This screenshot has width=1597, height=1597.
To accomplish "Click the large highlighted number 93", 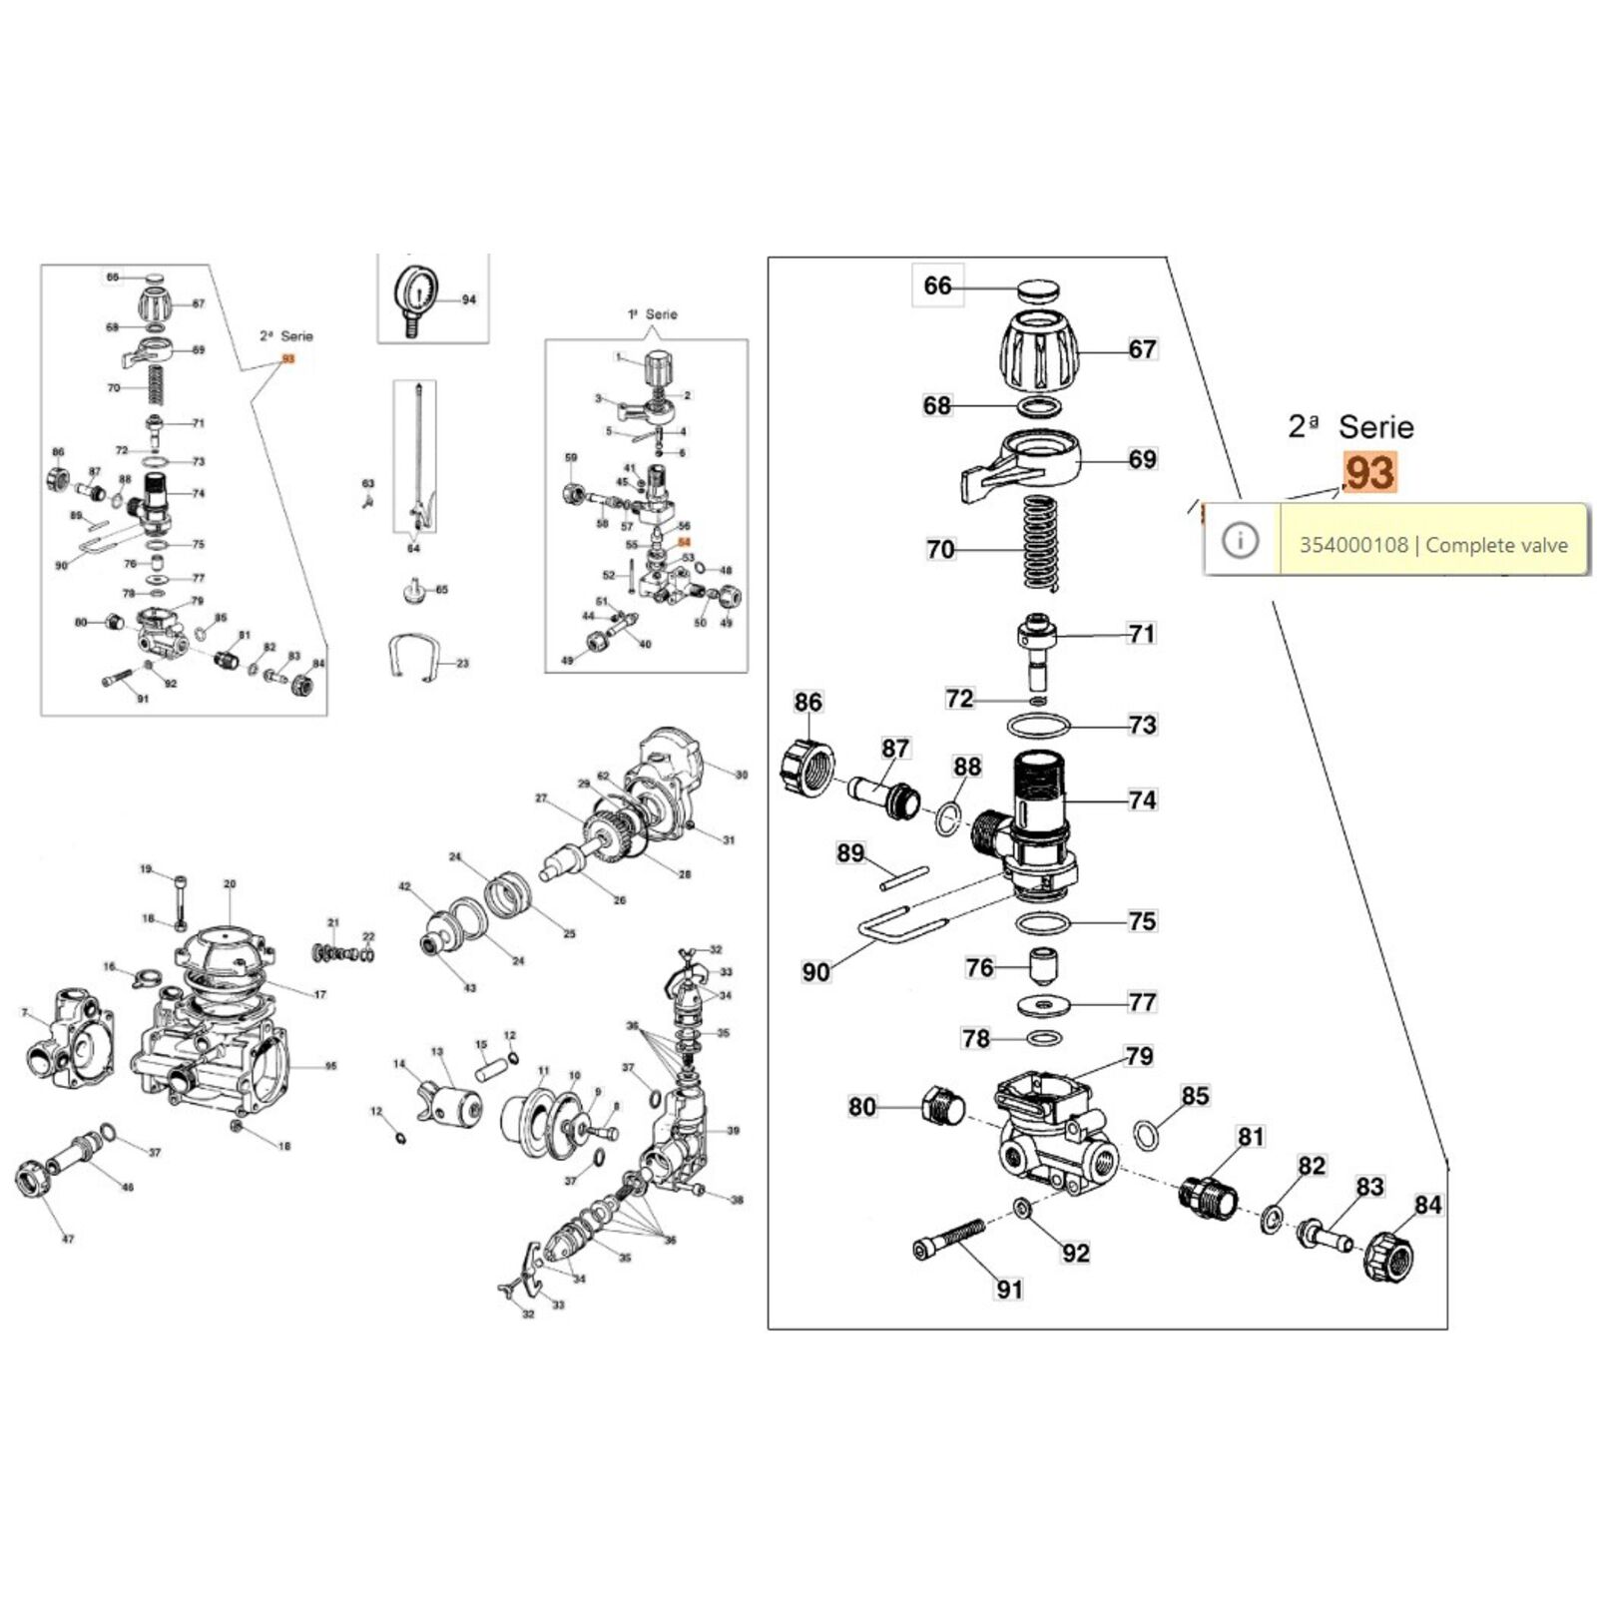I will pos(1369,473).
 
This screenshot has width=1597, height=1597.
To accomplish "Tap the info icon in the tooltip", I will pos(1241,540).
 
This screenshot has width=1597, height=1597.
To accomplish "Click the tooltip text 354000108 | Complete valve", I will pos(1433,545).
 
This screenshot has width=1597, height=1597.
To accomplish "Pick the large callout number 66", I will pos(937,286).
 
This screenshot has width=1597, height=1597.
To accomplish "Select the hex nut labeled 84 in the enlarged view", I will pos(1388,1256).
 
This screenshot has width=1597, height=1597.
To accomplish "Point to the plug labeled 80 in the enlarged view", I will pos(942,1106).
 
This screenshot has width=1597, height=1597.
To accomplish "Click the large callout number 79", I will pos(1139,1056).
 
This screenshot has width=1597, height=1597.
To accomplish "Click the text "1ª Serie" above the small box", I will pos(653,314).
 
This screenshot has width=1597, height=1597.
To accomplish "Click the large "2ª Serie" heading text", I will pos(1350,427).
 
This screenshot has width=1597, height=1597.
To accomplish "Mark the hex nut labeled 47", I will pos(36,1179).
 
